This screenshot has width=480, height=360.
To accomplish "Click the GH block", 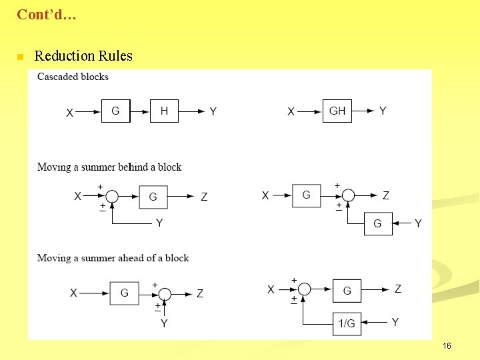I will (x=337, y=111).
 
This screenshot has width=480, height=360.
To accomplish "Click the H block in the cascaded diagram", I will (x=164, y=111).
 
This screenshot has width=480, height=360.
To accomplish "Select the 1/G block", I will (x=347, y=323).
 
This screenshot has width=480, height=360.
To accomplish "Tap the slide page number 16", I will (x=447, y=346).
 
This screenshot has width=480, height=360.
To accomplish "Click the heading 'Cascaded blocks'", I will (x=73, y=77).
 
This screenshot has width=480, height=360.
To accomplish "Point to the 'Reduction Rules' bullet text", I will (x=83, y=56).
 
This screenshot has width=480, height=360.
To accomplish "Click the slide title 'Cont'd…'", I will (x=46, y=14).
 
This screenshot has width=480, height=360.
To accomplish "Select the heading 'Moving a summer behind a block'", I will (x=109, y=167).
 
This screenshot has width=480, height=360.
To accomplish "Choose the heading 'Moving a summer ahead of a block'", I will (x=113, y=258).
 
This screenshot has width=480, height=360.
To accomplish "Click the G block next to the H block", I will (x=115, y=111).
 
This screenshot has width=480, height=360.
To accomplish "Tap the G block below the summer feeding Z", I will (x=378, y=223).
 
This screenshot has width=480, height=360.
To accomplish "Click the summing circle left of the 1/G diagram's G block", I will (x=304, y=289).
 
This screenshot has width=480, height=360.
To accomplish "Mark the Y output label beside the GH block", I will (x=383, y=111).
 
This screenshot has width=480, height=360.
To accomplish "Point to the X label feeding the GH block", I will (x=291, y=112).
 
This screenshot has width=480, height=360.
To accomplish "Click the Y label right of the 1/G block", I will (x=395, y=323).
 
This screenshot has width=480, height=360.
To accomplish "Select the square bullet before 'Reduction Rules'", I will (x=20, y=57).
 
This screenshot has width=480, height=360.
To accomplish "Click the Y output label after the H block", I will (x=213, y=112).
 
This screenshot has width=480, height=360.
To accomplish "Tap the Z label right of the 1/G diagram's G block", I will (x=398, y=289).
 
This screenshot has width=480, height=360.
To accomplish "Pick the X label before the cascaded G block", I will (x=70, y=113).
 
